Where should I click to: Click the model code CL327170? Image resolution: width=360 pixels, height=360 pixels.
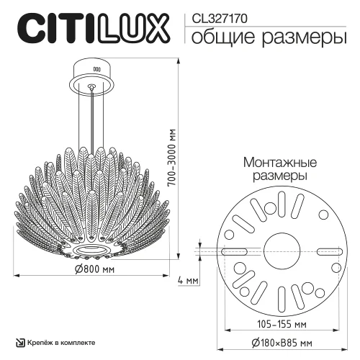pyautogui.click(x=218, y=17)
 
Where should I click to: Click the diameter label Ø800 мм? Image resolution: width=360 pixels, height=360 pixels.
pyautogui.click(x=96, y=269)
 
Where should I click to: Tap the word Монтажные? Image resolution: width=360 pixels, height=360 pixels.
pyautogui.click(x=276, y=162)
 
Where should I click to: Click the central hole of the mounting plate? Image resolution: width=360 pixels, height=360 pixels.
pyautogui.click(x=276, y=251)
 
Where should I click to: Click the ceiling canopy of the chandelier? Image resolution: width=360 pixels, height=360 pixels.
pyautogui.click(x=96, y=73)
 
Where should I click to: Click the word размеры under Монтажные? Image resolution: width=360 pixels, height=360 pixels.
pyautogui.click(x=276, y=176)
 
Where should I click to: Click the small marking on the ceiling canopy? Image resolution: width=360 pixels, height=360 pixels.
pyautogui.click(x=96, y=70)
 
